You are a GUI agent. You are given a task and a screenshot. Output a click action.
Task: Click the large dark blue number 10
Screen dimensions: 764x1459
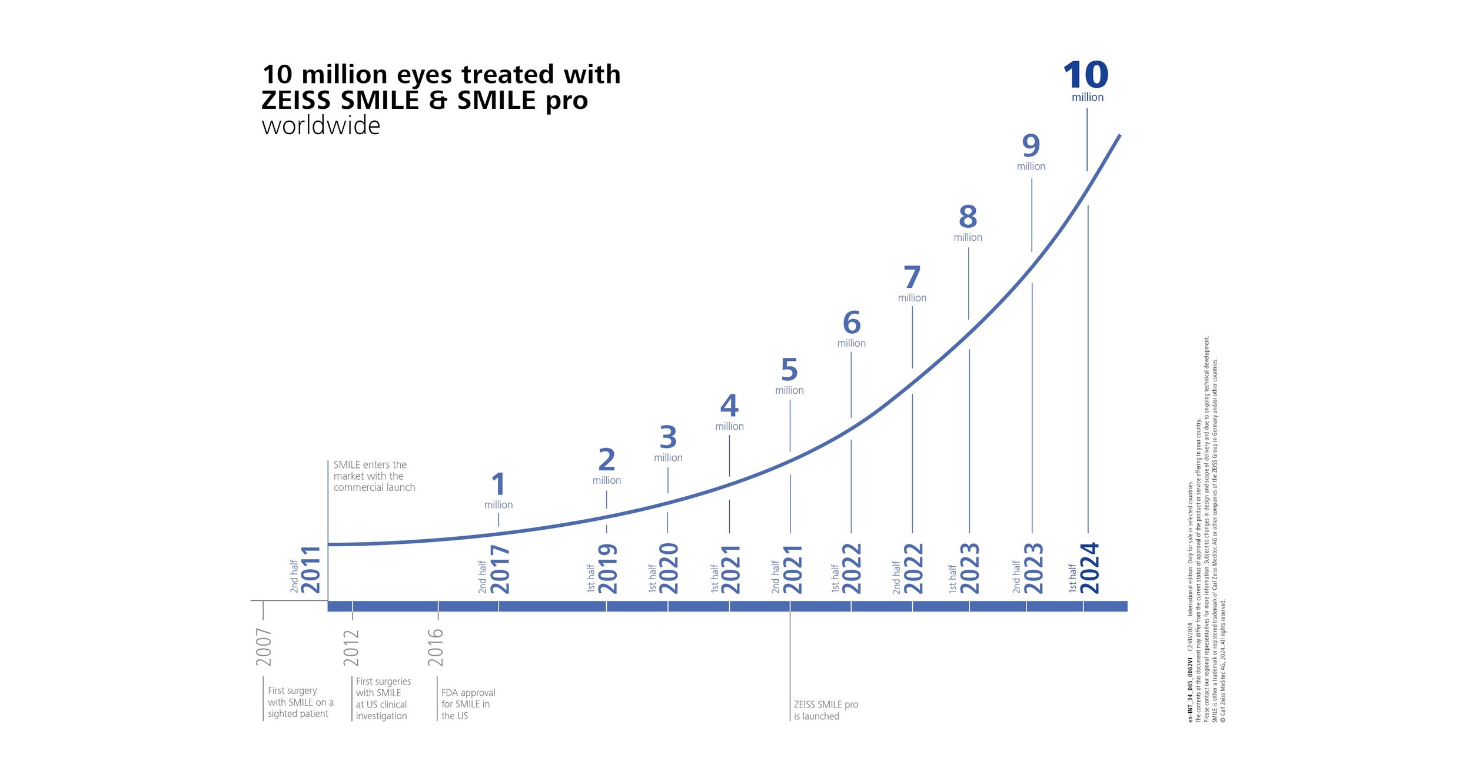point(1085,75)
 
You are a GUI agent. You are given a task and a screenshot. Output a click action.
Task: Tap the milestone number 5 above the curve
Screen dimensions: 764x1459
point(789,370)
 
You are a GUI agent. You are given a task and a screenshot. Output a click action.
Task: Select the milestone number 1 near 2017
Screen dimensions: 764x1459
point(498,484)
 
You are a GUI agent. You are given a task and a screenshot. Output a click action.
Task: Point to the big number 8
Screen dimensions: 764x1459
point(968,217)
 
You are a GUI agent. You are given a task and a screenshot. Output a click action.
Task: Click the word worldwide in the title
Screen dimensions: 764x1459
point(321,126)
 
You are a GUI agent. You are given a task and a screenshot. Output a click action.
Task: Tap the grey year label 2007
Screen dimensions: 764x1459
point(264,647)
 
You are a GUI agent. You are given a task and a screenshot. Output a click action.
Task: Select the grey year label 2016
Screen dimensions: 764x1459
point(436,647)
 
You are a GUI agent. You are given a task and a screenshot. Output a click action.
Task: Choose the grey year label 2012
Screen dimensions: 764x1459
point(351,647)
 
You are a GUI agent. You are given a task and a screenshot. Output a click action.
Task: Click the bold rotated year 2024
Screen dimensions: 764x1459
point(1089,568)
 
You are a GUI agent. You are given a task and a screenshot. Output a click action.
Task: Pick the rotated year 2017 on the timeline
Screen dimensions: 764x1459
point(500,570)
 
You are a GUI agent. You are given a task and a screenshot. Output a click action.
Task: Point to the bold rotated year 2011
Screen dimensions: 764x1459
point(310,570)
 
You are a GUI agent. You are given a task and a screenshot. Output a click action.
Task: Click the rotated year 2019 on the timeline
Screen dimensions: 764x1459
point(607,569)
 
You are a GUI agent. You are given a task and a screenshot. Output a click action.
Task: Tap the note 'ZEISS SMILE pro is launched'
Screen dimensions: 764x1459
point(825,710)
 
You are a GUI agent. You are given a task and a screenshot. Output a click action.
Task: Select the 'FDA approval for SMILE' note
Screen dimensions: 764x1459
point(467,704)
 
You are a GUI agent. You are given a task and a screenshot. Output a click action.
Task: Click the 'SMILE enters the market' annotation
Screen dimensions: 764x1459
point(373,476)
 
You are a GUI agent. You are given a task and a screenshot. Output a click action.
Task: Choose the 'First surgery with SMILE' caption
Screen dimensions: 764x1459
point(300,702)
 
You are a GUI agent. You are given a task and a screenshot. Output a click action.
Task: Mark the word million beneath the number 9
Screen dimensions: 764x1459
point(1031,167)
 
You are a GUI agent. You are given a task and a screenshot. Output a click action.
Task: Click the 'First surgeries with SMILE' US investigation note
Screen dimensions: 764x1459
point(383,699)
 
